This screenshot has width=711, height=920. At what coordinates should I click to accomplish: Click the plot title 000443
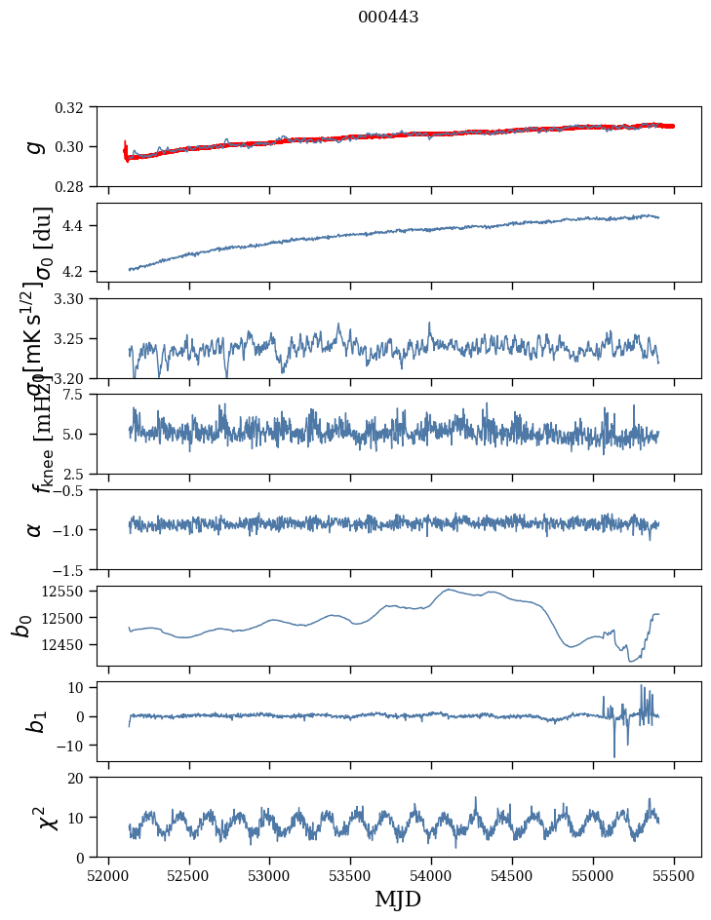tap(388, 18)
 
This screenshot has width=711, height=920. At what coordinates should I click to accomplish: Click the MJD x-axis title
tap(398, 900)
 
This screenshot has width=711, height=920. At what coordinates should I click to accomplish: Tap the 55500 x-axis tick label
tap(675, 873)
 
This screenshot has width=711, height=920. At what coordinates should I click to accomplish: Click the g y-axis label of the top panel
tap(35, 146)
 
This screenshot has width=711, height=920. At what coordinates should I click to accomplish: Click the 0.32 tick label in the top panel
tap(76, 107)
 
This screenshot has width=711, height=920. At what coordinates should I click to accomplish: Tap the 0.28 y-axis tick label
tap(76, 186)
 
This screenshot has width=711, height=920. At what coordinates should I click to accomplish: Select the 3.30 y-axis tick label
tap(76, 298)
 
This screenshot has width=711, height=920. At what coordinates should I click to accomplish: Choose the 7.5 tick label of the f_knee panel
tap(79, 395)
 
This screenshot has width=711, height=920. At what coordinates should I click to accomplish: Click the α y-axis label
tap(35, 529)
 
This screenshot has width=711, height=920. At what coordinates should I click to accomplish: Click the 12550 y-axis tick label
tap(68, 592)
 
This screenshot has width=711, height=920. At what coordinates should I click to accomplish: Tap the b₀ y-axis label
tap(21, 626)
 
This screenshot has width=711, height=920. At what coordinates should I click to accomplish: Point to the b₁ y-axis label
tap(35, 721)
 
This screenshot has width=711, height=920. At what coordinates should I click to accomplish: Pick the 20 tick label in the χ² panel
tap(82, 778)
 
